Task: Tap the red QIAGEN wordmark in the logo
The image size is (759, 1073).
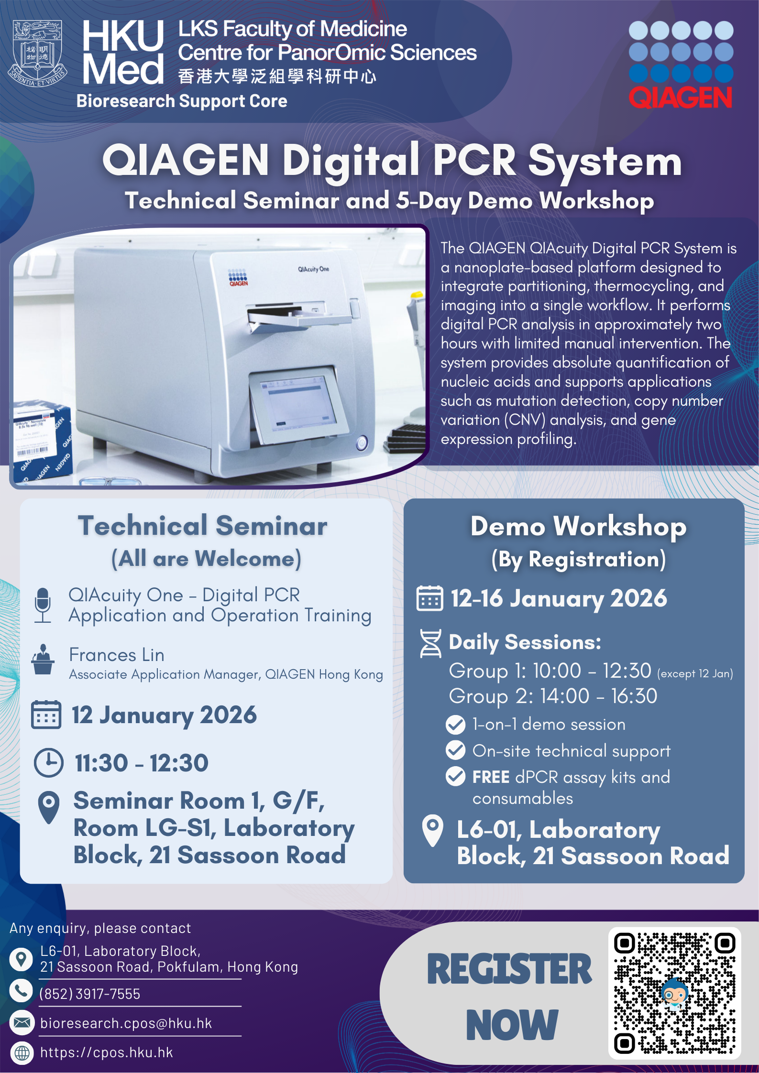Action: pos(680,98)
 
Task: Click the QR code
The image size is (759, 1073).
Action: pos(674,993)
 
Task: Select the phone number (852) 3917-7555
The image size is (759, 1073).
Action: pos(90,994)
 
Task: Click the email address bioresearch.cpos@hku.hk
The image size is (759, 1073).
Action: pos(126,1023)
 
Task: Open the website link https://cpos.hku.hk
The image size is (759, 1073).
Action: pos(106,1052)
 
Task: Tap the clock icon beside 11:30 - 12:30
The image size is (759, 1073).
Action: pos(48,762)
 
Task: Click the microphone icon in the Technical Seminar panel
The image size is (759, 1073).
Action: pos(43,605)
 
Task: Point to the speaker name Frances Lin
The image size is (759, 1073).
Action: pos(117,655)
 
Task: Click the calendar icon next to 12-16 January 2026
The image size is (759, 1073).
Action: pos(430,598)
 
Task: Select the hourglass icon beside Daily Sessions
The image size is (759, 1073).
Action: pos(430,643)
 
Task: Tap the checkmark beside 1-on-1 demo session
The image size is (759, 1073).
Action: pos(455,725)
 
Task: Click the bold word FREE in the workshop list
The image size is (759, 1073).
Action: pos(491,777)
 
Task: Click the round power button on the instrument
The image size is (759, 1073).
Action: pos(362,443)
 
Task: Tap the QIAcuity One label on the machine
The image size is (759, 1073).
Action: pos(314,269)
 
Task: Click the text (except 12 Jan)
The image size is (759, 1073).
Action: pos(695,673)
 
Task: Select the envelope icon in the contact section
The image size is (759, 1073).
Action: pos(22,1022)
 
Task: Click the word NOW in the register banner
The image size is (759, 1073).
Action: pos(512,1025)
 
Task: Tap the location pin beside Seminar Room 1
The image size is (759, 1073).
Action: pos(49,807)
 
